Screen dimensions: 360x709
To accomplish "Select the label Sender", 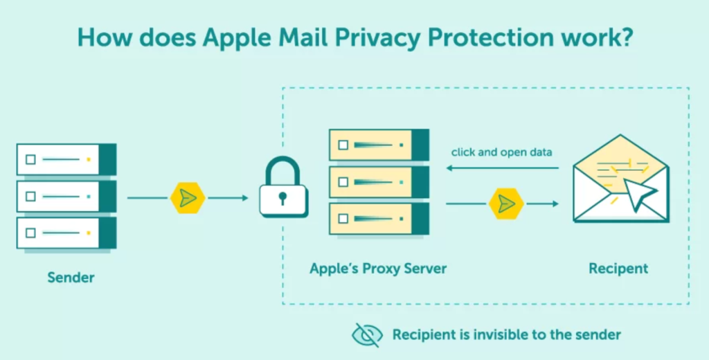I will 71,278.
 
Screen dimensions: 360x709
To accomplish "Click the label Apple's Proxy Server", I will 378,268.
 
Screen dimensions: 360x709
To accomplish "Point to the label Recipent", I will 618,268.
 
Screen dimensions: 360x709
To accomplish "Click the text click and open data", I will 501,152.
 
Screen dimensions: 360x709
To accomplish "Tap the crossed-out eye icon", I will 367,334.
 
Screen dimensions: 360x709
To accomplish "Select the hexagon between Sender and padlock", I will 188,198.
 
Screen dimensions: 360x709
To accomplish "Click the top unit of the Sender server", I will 66,159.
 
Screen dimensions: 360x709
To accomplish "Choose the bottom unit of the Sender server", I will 66,233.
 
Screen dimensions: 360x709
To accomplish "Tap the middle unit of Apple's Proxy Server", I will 378,182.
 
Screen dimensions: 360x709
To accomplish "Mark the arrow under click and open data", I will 502,168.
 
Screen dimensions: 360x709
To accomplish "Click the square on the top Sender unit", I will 30,159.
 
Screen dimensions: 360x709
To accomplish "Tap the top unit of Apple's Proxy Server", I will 378,145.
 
